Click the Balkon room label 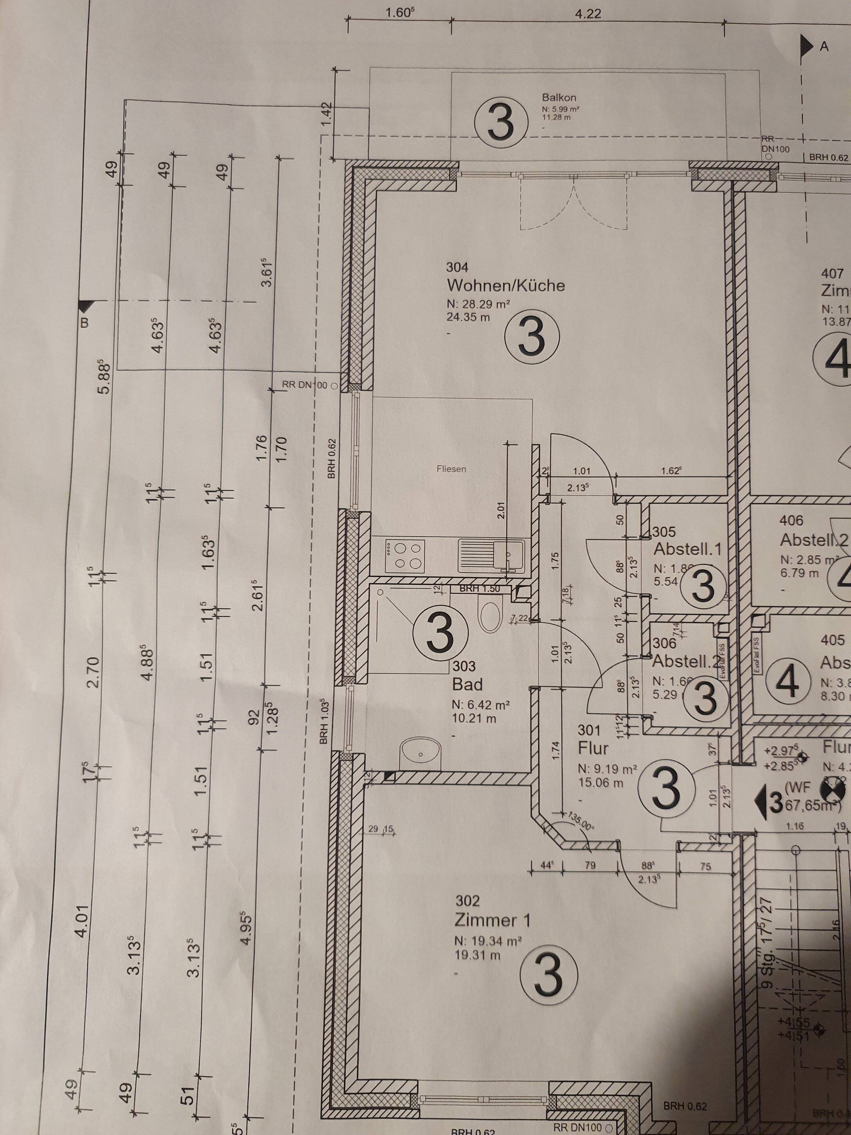559,97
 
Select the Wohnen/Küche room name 506,285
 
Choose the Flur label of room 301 593,749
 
